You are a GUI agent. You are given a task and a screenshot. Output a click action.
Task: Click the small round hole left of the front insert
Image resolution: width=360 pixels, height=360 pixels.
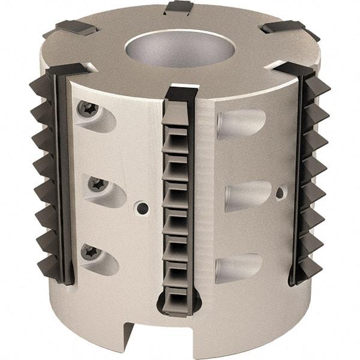click(x=142, y=208)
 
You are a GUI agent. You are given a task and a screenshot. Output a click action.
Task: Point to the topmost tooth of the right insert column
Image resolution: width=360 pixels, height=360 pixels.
click(x=318, y=87)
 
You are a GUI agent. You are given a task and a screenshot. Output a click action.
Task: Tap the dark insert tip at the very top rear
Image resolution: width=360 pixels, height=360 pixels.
click(x=178, y=7)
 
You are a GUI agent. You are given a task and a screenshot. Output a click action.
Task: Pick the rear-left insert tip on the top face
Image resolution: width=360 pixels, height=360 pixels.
click(x=76, y=27)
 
